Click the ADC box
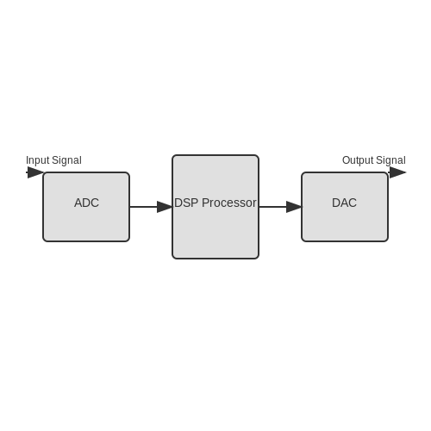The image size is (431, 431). click(x=86, y=207)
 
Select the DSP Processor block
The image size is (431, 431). click(x=215, y=207)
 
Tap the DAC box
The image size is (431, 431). click(x=345, y=207)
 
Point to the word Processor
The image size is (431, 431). click(x=229, y=203)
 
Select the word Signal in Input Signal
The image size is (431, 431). click(x=67, y=160)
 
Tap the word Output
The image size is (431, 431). click(x=358, y=160)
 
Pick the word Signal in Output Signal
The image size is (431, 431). click(x=390, y=160)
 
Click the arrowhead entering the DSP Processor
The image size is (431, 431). click(x=165, y=207)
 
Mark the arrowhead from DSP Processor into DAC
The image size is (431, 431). click(x=294, y=207)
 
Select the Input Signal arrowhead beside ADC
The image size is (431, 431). click(x=35, y=172)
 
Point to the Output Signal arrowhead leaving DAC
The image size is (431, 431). click(x=397, y=172)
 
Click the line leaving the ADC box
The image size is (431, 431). click(x=144, y=207)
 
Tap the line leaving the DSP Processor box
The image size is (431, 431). click(x=273, y=207)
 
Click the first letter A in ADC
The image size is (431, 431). click(x=78, y=203)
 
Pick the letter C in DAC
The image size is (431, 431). click(x=353, y=203)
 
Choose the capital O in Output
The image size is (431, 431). click(x=346, y=160)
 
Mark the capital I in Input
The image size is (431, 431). click(x=27, y=160)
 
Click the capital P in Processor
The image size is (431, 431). click(x=205, y=203)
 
